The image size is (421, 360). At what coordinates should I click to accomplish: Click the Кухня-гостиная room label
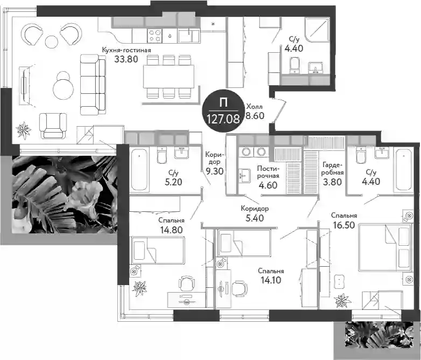126,50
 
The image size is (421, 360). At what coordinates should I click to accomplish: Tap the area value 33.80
126,59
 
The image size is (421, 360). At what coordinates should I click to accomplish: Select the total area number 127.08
223,119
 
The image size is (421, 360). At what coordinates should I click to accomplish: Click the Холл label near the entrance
254,107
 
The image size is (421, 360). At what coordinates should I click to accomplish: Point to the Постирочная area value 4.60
268,185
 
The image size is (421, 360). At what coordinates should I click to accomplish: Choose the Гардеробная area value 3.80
332,182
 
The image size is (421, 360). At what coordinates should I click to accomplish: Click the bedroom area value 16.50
344,225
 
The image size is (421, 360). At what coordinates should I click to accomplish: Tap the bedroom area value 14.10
271,280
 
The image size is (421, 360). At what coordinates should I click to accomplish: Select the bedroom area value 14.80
171,230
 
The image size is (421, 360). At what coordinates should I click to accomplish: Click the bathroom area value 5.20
173,182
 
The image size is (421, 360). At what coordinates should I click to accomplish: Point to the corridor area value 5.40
255,218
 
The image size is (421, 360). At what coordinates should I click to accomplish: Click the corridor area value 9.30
214,171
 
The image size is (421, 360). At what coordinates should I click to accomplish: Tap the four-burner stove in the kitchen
155,36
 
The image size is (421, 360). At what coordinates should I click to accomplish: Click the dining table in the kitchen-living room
169,77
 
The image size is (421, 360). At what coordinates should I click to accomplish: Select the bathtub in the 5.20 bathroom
139,170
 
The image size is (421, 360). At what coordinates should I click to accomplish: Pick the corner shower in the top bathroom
317,30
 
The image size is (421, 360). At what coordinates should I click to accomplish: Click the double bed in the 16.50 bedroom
385,247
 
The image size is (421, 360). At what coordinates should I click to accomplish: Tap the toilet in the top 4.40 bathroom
294,65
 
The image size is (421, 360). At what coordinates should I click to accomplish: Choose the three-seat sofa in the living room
93,85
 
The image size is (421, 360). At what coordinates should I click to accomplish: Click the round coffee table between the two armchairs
51,41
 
